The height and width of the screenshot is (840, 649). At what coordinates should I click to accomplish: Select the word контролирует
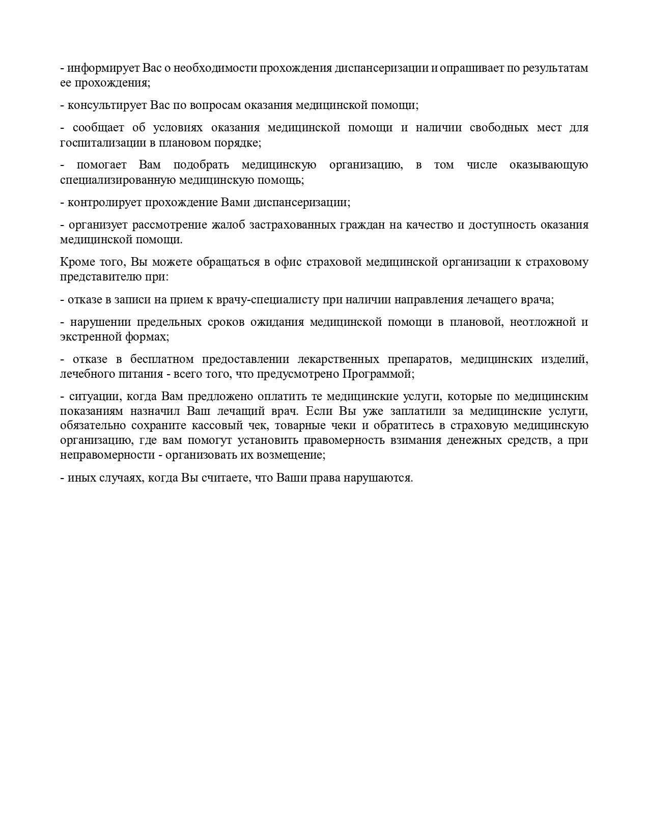pyautogui.click(x=105, y=202)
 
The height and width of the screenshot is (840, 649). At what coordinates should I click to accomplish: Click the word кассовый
pyautogui.click(x=239, y=426)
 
